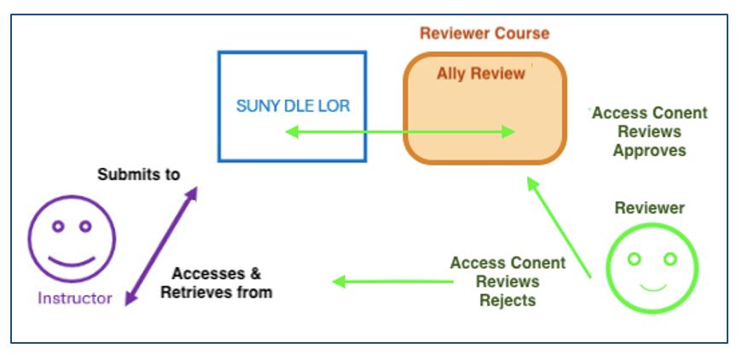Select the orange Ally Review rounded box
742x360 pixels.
coord(484,128)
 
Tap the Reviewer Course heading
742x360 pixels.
coord(484,34)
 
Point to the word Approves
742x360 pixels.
coord(650,150)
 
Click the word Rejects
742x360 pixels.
coord(507,299)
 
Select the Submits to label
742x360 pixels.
coord(138,175)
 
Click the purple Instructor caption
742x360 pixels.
coord(74,299)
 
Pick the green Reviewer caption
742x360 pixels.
coord(649,207)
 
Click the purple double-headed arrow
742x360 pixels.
coord(160,247)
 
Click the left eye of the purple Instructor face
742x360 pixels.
coord(58,227)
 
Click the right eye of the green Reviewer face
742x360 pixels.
coord(670,258)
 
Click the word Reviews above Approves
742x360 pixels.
coord(650,131)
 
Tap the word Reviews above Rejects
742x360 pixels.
coord(507,282)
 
